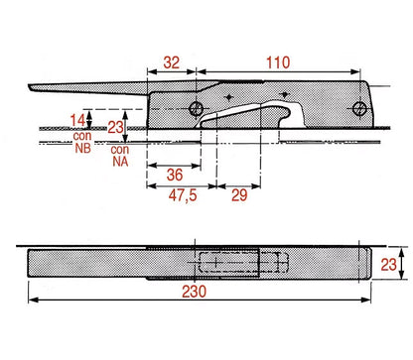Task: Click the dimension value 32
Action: coord(172,62)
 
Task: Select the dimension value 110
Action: coord(278,62)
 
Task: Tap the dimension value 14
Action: coord(77,120)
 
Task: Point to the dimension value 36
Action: coord(175,175)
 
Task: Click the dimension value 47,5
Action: coord(183,195)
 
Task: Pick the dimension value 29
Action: coord(239,195)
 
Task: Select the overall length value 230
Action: coord(194,292)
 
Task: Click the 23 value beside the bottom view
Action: coord(388,265)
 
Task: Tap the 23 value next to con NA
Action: coord(115,127)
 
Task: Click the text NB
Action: coord(82,148)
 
